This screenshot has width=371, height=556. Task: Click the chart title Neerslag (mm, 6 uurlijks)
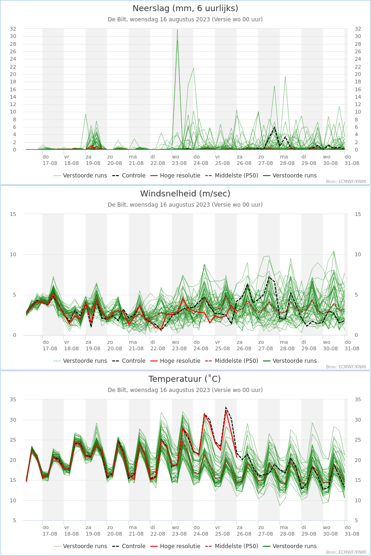coord(185,8)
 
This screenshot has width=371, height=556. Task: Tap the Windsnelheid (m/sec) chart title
coord(185,194)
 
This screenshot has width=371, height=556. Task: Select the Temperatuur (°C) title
coord(185,379)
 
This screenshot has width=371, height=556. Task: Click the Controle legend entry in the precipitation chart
coord(129,176)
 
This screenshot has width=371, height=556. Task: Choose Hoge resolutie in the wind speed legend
coord(175,361)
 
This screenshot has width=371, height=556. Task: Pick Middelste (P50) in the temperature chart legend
coord(232,546)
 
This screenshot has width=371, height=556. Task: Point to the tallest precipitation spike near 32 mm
coord(177,30)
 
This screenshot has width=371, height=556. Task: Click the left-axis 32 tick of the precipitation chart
coord(13,29)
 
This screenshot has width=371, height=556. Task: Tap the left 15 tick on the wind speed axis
coord(13,214)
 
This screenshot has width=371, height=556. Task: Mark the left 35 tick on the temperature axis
coord(13,399)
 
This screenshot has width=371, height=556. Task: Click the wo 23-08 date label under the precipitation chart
coord(179,160)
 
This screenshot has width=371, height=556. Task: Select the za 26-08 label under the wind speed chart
coord(244,345)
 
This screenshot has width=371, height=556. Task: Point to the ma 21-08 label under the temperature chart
coord(136,531)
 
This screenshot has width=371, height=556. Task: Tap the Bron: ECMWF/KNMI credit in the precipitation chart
coord(346,182)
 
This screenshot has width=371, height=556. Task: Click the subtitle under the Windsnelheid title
coord(185,205)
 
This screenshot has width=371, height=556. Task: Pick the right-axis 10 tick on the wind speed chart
coord(358,254)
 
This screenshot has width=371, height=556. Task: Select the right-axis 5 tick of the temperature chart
coord(356,520)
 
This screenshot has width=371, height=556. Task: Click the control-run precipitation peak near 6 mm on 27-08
coord(275,127)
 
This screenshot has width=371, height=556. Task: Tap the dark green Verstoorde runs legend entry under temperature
coord(290,546)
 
